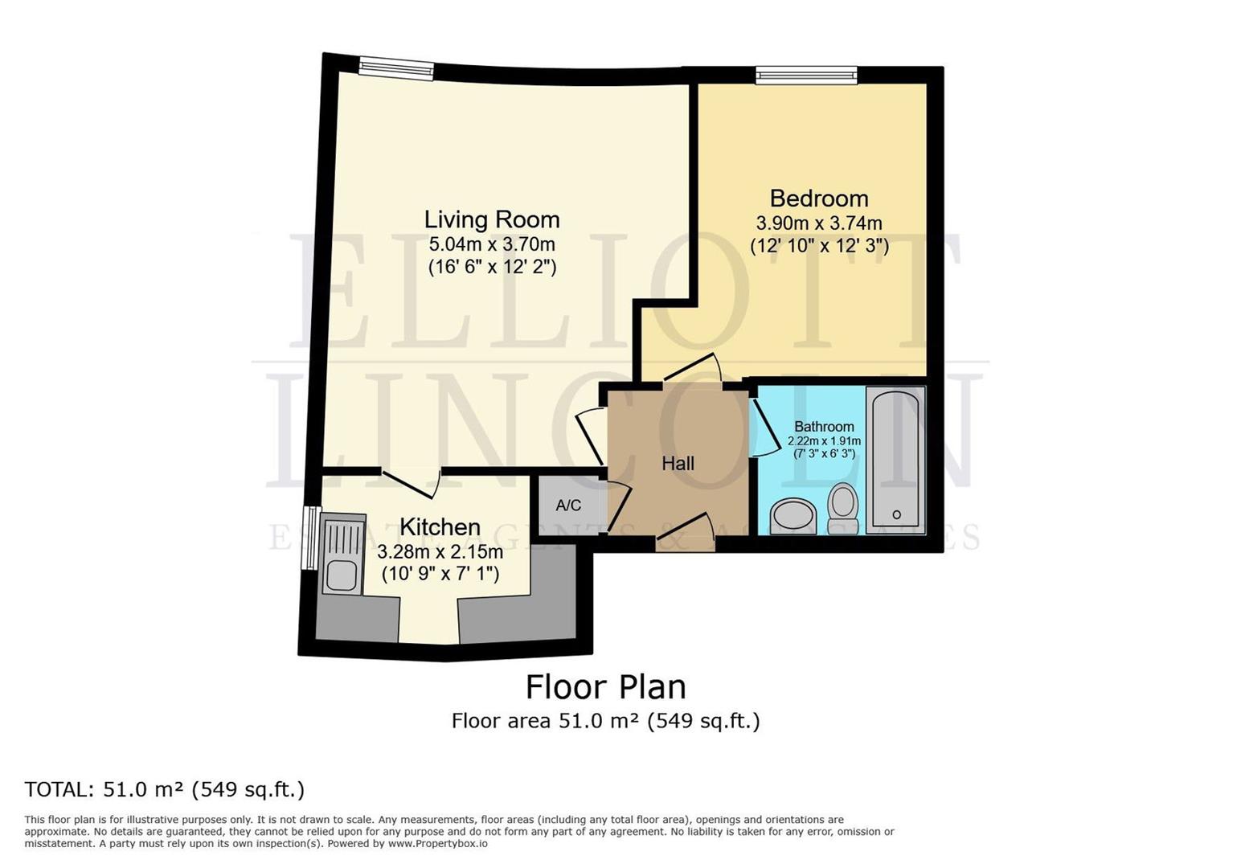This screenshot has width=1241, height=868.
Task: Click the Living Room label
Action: click(x=491, y=219)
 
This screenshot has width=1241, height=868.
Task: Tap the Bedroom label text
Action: click(x=818, y=199)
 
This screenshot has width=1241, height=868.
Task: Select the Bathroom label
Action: click(x=824, y=427)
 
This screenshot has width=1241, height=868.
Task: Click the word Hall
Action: click(x=678, y=464)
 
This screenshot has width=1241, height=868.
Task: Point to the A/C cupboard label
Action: click(x=568, y=506)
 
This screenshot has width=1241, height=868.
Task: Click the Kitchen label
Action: click(x=440, y=527)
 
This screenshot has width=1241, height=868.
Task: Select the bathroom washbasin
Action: click(x=793, y=516)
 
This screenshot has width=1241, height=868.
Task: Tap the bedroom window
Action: click(x=806, y=76)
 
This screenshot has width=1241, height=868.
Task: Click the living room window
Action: click(x=395, y=69)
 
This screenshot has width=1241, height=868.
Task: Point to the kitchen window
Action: click(x=309, y=538)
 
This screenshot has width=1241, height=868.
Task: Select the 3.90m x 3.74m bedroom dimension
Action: click(x=818, y=223)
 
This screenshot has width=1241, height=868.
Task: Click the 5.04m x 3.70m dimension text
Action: click(x=491, y=244)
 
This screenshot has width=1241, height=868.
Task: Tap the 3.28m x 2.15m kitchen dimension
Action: click(x=440, y=552)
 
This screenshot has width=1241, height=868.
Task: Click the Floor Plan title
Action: click(x=605, y=687)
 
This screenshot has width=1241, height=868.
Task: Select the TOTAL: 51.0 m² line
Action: click(x=165, y=789)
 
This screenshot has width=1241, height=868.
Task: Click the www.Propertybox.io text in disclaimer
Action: click(x=437, y=844)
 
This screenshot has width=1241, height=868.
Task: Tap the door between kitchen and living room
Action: click(x=410, y=482)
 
